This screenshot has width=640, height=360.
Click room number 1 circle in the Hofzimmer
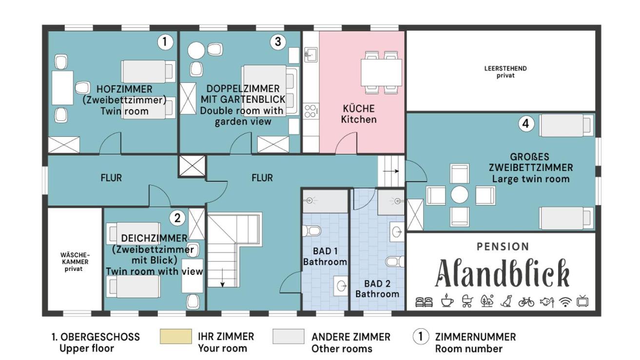(x=165, y=42)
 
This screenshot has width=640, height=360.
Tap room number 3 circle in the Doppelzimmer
(x=278, y=42)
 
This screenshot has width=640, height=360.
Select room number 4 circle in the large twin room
(x=526, y=124)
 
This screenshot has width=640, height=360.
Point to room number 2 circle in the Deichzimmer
(x=177, y=218)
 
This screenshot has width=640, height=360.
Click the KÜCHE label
(x=359, y=109)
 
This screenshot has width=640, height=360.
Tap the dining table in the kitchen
(x=381, y=72)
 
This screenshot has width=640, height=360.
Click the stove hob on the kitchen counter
(x=310, y=111)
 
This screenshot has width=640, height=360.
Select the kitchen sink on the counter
(x=311, y=55)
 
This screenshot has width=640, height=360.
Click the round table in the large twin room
(x=460, y=195)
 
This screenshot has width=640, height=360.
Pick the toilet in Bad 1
(x=312, y=231)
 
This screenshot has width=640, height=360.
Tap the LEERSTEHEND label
(x=505, y=69)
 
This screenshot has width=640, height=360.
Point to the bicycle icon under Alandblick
(x=526, y=302)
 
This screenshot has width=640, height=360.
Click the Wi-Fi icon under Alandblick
(x=565, y=302)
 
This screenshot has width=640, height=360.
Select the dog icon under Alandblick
(x=506, y=301)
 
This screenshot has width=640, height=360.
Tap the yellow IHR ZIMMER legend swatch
(x=175, y=336)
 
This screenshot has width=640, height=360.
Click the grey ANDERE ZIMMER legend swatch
(x=289, y=336)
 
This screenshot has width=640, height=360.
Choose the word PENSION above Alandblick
(x=503, y=246)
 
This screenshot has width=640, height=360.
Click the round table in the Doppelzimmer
(x=196, y=51)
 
